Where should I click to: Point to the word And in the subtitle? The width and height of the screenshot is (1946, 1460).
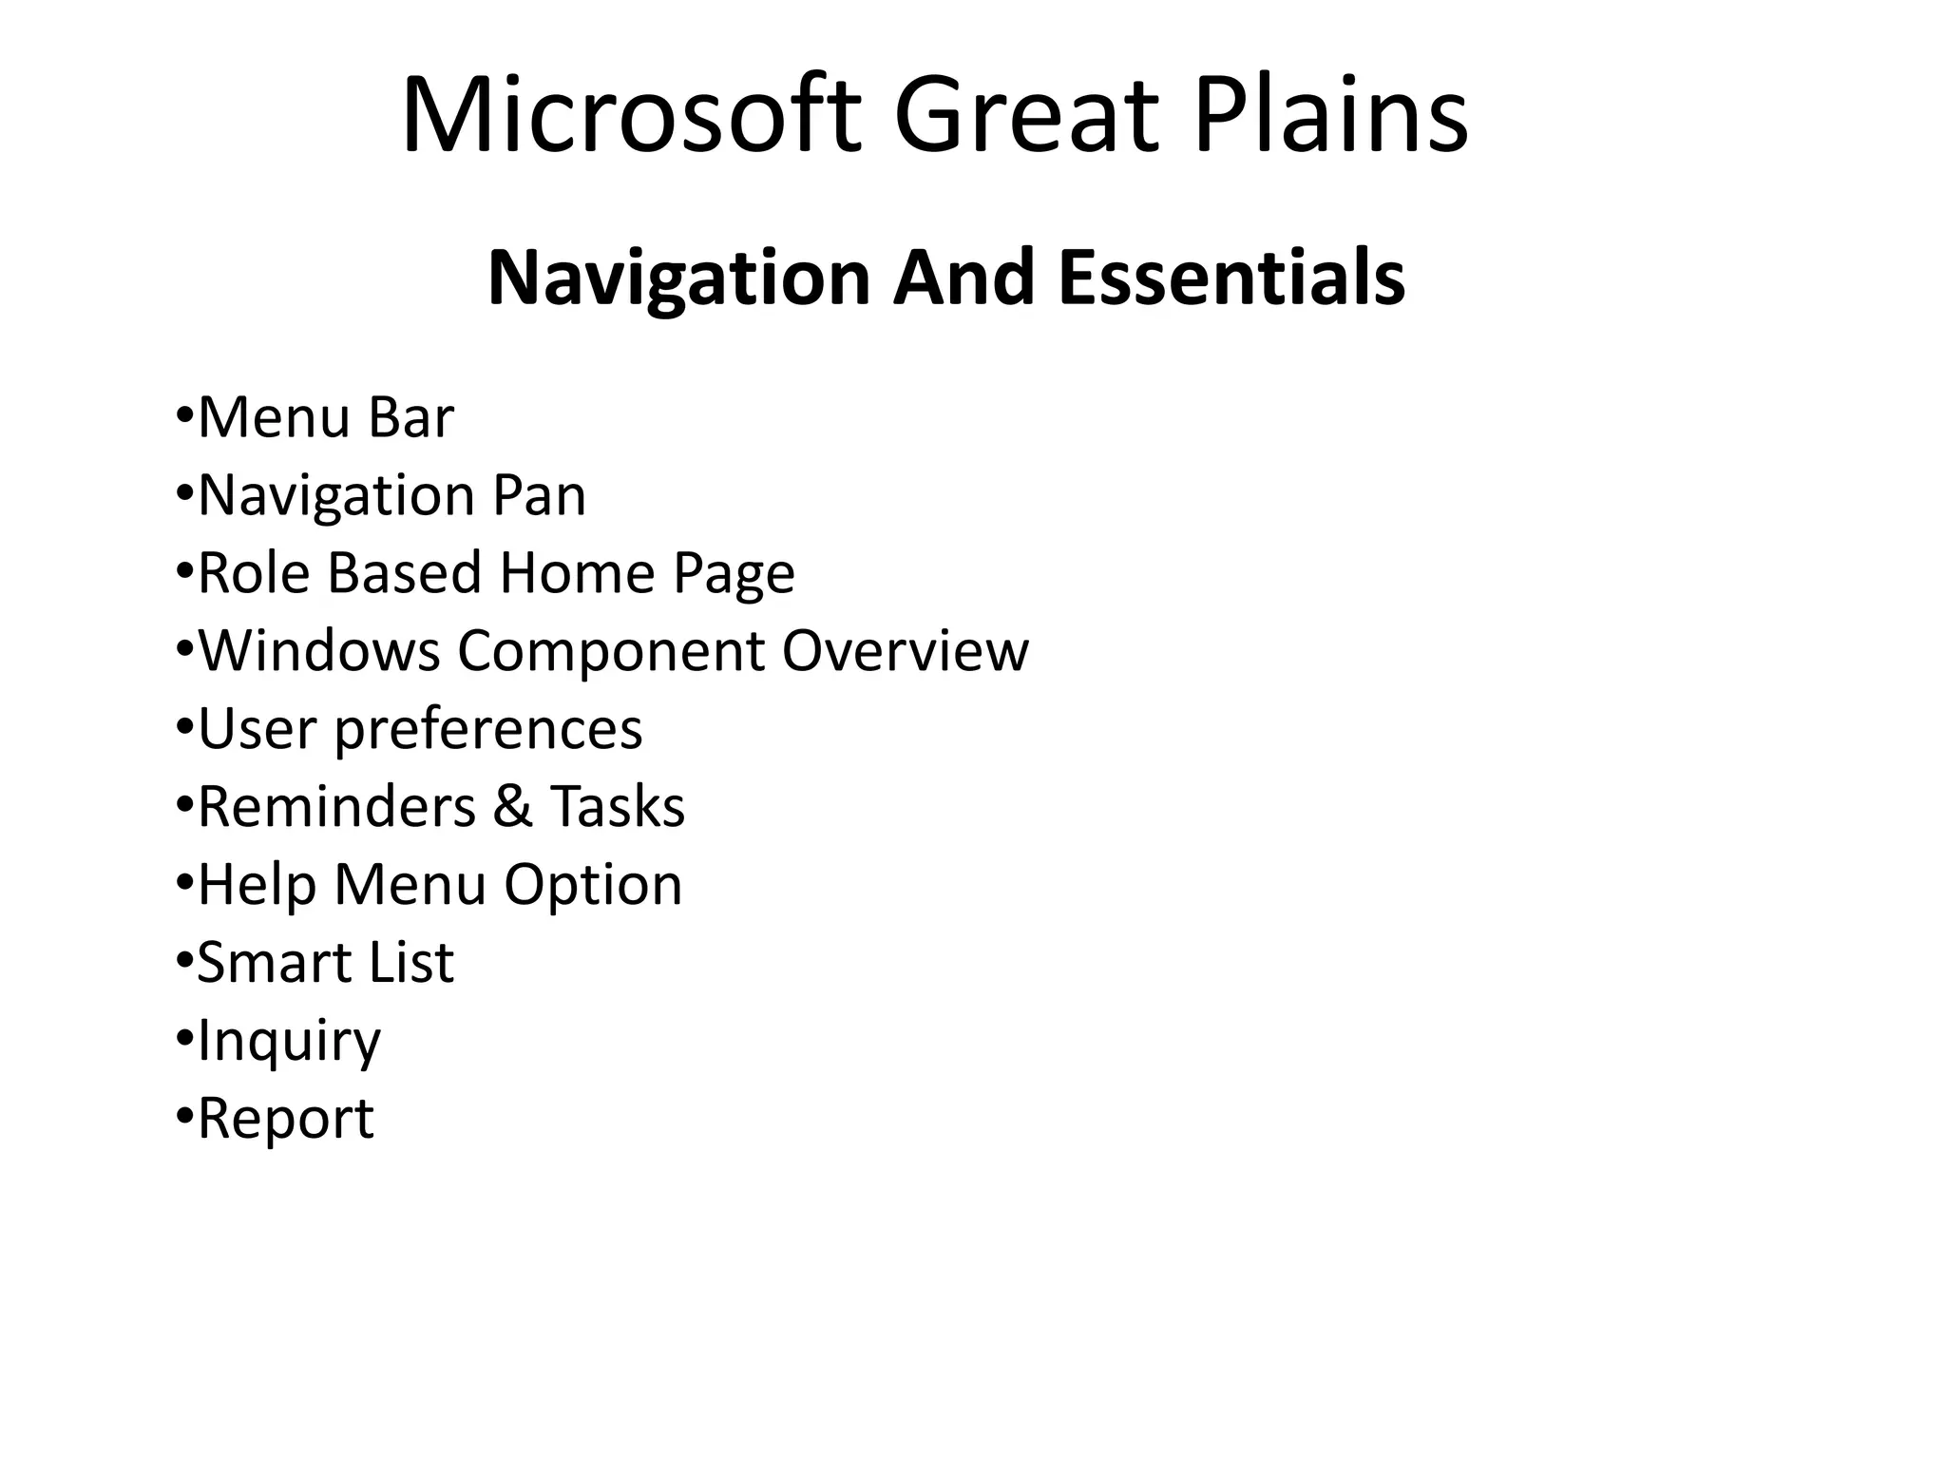click(x=963, y=278)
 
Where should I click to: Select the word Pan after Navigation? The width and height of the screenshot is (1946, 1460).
click(x=539, y=495)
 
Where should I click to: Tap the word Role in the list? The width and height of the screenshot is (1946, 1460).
click(x=254, y=573)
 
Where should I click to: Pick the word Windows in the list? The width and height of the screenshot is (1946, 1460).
click(x=318, y=651)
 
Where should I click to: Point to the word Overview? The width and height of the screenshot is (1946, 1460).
click(x=905, y=651)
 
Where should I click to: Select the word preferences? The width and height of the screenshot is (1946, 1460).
click(x=487, y=729)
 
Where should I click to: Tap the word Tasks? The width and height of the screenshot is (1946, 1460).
click(x=618, y=807)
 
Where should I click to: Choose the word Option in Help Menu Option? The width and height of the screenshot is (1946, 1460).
click(x=593, y=885)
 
